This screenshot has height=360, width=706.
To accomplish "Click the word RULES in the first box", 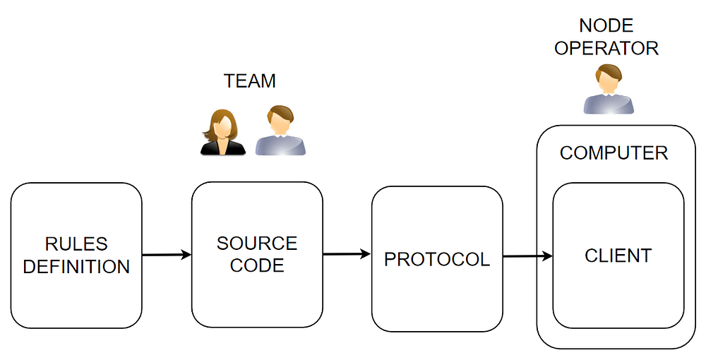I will tap(76, 244).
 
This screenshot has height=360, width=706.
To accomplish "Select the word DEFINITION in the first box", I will tap(76, 267).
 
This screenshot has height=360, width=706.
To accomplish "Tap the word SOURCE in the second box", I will tap(257, 244).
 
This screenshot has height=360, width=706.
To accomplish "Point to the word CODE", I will tap(257, 265).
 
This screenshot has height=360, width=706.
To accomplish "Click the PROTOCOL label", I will tap(436, 259).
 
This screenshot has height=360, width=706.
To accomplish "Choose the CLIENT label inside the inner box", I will tap(618, 256).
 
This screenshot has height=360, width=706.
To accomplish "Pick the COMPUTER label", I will tap(614, 153).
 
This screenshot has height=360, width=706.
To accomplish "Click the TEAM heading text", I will tap(249, 81).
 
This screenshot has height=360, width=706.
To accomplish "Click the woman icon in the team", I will tap(222, 132).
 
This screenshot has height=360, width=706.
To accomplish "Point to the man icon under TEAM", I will tap(280, 131).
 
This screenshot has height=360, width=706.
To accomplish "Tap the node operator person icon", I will tap(608, 89).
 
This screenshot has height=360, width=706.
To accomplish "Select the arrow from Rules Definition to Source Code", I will tap(167, 255).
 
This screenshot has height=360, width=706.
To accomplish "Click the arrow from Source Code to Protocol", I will tap(347, 254).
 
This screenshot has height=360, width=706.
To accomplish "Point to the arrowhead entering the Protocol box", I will tap(366, 254).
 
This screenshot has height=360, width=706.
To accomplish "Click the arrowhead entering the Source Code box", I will tap(186, 255).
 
